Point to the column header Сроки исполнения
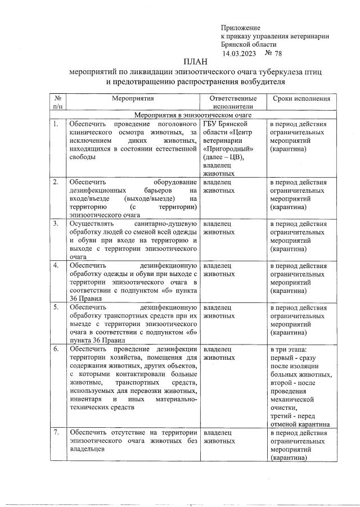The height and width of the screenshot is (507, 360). pos(301,98)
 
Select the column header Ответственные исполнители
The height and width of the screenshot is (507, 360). pos(232,102)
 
